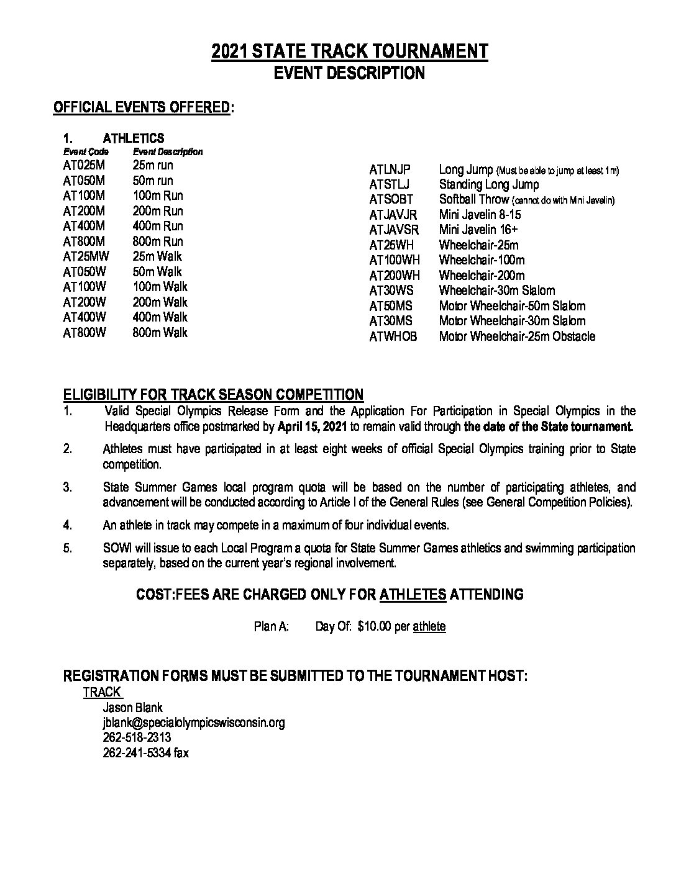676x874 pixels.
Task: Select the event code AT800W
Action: point(84,333)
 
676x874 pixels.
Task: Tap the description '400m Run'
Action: point(158,226)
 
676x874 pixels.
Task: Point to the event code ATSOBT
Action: point(391,200)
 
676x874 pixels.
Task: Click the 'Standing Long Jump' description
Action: point(489,184)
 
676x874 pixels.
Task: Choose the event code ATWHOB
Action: point(393,336)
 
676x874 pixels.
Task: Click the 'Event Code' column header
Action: point(86,151)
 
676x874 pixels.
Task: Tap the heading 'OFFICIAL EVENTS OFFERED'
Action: point(142,107)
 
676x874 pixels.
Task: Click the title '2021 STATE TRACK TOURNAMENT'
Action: point(350,52)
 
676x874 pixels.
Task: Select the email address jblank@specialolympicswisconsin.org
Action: point(194,723)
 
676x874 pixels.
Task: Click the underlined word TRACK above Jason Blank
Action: point(103,692)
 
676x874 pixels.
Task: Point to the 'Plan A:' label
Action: point(272,627)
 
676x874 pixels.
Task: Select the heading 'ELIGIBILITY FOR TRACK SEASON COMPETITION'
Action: point(213,395)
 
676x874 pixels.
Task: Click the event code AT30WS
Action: point(391,291)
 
